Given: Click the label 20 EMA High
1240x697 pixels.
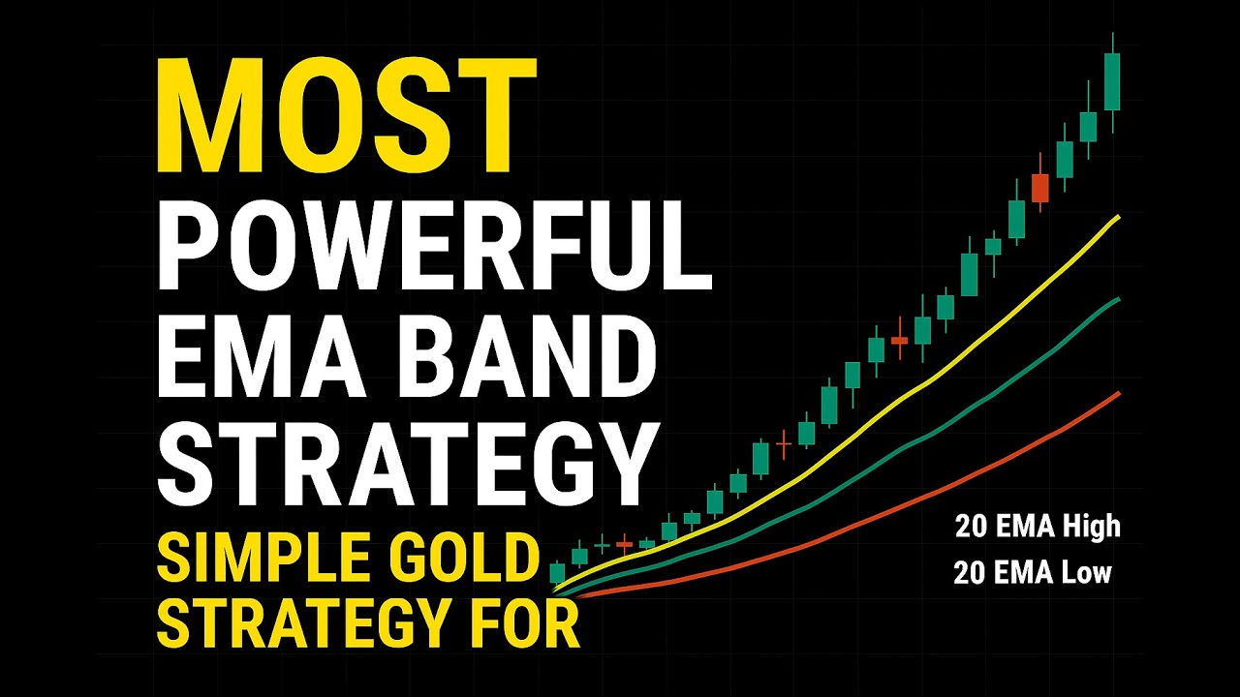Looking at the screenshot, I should pos(1037,527).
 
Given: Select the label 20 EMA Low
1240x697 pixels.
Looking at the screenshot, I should pos(1033,573).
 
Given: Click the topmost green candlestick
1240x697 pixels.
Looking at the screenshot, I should pos(1112,81).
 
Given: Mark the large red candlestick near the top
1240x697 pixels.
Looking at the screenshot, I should pos(1040,188).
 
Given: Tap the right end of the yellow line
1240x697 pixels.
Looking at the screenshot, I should pos(1119,218).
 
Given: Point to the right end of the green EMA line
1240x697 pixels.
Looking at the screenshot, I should pos(1119,299).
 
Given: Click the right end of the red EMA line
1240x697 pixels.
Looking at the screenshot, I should pos(1119,393).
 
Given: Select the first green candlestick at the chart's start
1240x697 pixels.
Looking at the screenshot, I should pos(557,573).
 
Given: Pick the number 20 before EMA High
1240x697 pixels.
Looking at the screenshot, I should pos(972,527).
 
